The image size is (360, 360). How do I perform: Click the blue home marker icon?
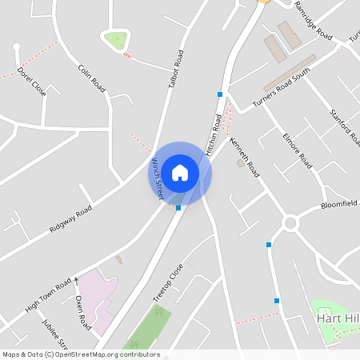[180, 171]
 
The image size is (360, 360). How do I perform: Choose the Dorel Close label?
[32, 82]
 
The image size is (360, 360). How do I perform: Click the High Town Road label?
[48, 294]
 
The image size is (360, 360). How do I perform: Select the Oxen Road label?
[82, 313]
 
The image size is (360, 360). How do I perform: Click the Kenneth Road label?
[245, 156]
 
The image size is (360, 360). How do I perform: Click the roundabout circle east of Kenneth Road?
[290, 223]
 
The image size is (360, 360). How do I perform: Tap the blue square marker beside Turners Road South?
[219, 94]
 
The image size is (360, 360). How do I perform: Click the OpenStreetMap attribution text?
[80, 354]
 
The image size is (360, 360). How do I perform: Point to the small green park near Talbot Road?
[116, 38]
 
